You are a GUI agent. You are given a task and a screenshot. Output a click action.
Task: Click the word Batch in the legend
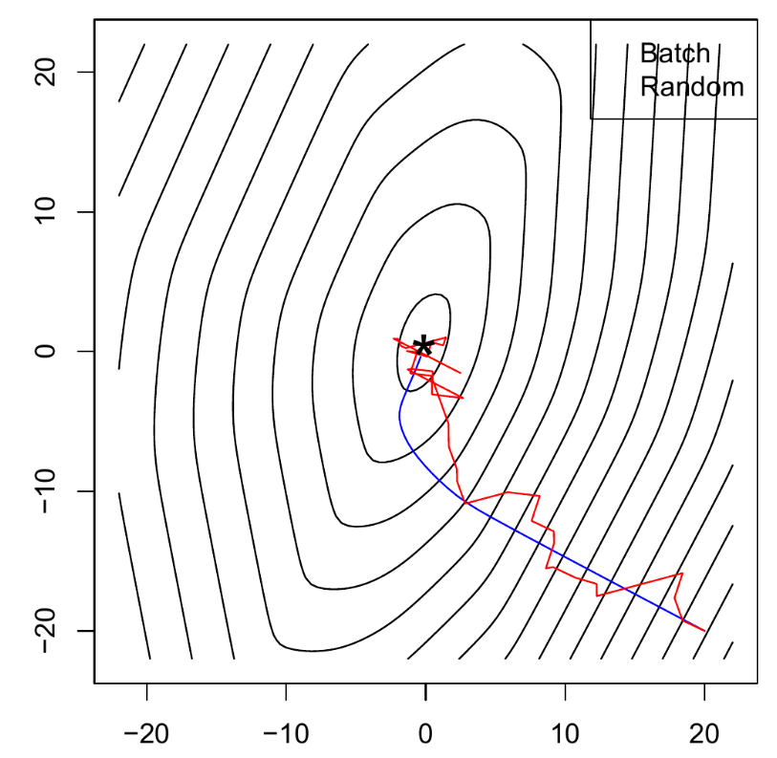[x=675, y=53]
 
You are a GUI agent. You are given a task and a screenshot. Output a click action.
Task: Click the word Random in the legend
[x=691, y=87]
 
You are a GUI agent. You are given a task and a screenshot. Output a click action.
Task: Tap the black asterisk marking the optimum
[x=423, y=347]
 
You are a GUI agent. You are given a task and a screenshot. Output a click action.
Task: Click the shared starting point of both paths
[x=704, y=631]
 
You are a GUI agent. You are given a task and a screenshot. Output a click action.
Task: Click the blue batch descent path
[x=516, y=531]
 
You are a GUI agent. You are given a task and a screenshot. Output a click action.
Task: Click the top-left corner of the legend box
[x=591, y=20]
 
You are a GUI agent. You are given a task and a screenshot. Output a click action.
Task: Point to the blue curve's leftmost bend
[x=399, y=411]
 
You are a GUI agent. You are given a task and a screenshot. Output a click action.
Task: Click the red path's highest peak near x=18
[x=681, y=574]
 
